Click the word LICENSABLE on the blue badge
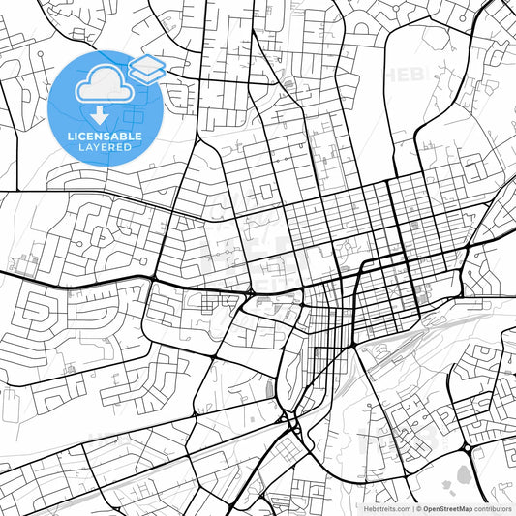point(106,137)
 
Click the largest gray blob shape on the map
point(463,475)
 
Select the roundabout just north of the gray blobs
point(468,448)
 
